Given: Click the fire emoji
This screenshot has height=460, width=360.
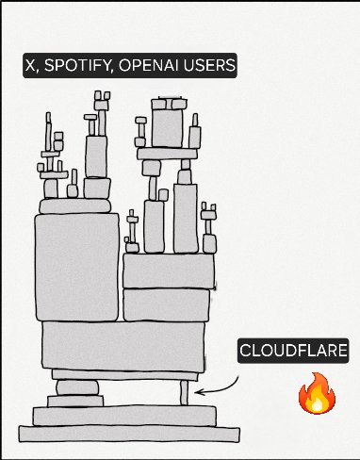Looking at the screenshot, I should pos(317,394).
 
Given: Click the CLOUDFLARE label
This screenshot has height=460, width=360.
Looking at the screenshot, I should pos(293,352).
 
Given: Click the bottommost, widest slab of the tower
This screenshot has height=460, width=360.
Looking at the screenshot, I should pos(119,435).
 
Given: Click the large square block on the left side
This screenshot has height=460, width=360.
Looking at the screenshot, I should pos(76,268).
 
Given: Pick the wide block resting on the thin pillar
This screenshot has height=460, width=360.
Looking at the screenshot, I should pos(124,348).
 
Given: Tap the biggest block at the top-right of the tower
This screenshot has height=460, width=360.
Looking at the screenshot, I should pos(169,127).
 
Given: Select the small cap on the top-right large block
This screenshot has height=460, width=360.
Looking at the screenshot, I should pos(170,101).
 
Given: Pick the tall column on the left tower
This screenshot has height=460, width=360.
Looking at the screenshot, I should pos(96,156).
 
